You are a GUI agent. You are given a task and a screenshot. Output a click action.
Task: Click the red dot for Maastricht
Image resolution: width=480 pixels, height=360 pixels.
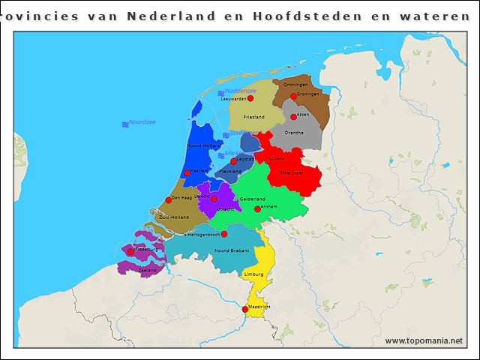point(245,309)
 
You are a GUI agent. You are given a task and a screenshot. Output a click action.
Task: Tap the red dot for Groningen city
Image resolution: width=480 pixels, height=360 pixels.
point(293,97)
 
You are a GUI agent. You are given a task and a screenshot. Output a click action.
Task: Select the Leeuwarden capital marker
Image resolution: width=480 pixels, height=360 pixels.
point(250,98)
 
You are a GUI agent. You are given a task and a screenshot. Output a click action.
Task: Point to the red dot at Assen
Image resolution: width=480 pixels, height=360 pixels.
point(293,117)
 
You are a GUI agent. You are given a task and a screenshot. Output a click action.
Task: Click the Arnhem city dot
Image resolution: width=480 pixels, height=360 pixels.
point(257,209)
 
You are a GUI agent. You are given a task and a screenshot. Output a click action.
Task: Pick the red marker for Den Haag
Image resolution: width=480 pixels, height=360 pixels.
point(168,200)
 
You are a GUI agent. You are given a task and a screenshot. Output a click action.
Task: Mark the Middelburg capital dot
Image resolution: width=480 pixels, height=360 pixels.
point(130,252)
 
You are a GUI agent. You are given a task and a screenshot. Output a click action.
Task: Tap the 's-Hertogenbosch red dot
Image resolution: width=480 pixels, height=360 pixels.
point(223,234)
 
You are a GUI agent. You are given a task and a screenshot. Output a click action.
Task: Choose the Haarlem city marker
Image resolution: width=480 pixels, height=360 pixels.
point(187,173)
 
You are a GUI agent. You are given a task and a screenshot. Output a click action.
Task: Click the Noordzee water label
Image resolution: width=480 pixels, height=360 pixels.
point(142,122)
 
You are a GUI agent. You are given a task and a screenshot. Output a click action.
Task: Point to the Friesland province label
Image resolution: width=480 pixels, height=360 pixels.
point(253,118)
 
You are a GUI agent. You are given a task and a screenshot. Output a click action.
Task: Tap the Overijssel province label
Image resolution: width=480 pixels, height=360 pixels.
point(291,172)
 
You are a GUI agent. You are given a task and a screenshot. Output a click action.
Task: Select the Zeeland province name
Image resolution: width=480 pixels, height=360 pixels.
point(147,269)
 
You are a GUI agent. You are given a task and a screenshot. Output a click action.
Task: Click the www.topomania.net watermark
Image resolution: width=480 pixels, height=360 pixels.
point(424,340)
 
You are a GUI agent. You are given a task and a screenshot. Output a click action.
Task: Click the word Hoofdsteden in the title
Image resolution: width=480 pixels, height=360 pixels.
point(277,16)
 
